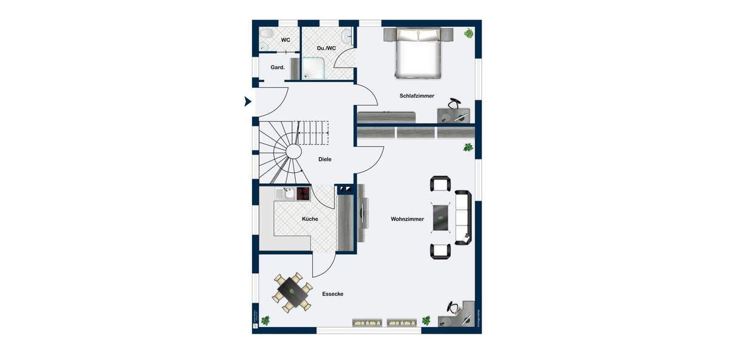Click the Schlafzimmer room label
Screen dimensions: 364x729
click(417, 96)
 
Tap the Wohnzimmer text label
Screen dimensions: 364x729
click(407, 219)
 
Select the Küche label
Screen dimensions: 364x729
click(310, 219)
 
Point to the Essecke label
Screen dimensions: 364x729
click(333, 294)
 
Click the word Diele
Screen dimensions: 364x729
click(325, 160)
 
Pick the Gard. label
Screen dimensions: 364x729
click(278, 67)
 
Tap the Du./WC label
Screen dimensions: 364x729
click(326, 48)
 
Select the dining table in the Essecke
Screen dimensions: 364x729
click(292, 292)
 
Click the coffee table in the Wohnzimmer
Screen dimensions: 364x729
click(441, 217)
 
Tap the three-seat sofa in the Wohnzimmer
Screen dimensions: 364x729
click(463, 217)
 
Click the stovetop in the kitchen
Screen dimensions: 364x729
click(303, 194)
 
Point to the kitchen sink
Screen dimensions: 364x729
click(286, 194)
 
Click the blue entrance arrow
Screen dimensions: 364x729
click(247, 101)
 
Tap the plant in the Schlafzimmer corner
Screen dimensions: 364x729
click(468, 33)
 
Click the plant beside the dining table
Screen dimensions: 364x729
click(265, 320)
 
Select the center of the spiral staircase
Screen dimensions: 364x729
click(293, 151)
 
